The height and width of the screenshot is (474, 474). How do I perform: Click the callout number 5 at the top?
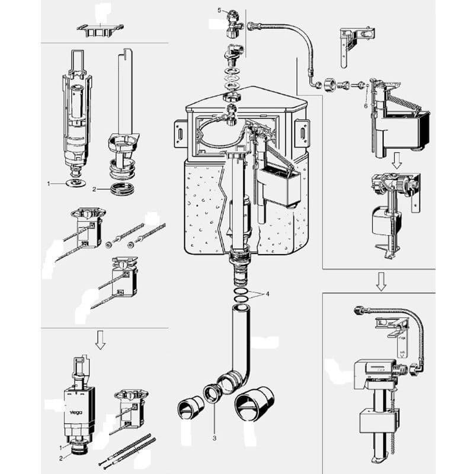pos(219,11)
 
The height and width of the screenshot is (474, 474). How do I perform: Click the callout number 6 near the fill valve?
pos(366,104)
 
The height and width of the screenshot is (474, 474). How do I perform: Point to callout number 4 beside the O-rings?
pos(268,294)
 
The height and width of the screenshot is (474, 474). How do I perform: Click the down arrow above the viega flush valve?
pos(100,340)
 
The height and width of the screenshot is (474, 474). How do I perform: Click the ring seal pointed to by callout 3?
pos(210,393)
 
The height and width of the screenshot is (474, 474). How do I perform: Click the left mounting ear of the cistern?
pos(179,134)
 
